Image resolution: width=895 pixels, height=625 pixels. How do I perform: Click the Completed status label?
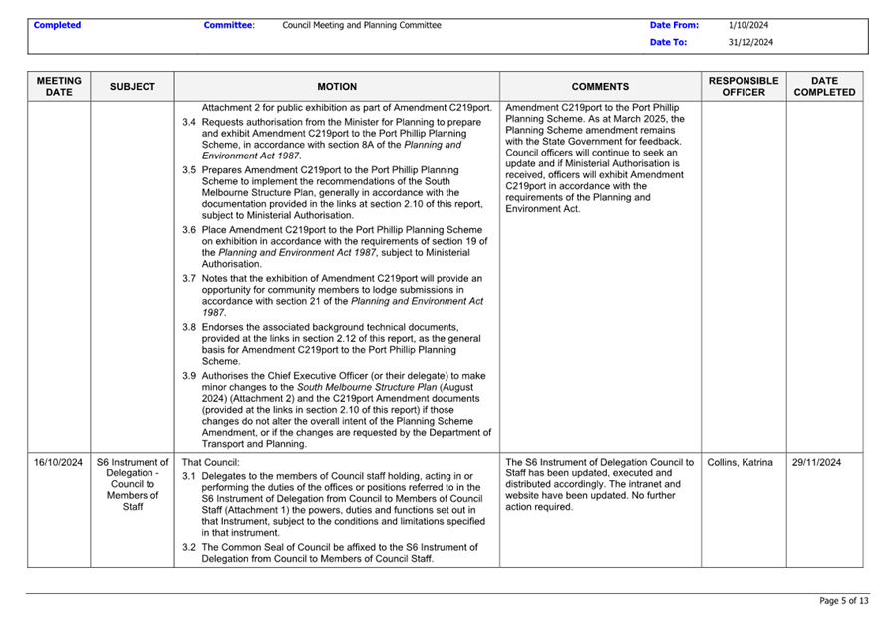[x=57, y=25]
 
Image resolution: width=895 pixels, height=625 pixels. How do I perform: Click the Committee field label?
[x=228, y=25]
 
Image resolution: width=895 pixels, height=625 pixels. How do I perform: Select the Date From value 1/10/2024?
[x=747, y=25]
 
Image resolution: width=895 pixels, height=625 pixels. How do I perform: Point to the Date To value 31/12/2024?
[x=750, y=42]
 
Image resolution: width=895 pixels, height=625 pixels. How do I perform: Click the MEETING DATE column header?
[x=59, y=86]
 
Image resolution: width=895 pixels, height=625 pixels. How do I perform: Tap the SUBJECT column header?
[x=133, y=87]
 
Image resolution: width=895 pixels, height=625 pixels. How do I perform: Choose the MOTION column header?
[x=337, y=87]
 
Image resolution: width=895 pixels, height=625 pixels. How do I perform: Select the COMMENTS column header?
[x=601, y=87]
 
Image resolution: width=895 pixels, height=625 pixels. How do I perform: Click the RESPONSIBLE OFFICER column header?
[x=744, y=86]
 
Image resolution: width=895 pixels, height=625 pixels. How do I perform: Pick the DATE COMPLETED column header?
[x=824, y=86]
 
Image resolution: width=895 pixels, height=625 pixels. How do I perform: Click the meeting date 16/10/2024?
[x=58, y=463]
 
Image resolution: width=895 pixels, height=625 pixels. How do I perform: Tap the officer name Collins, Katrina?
[x=740, y=463]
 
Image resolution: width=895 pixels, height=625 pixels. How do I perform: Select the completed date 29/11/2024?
[x=816, y=463]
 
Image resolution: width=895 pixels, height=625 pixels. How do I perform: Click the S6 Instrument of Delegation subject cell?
[x=133, y=484]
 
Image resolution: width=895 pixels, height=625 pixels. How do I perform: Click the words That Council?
[x=211, y=463]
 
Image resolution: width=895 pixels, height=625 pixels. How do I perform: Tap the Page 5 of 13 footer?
[x=843, y=601]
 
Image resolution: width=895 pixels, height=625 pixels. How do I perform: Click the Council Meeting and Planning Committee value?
[x=362, y=25]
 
